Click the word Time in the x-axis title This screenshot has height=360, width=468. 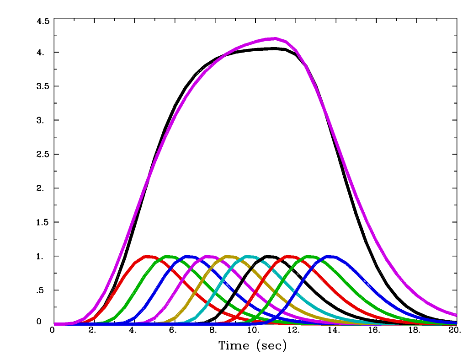pos(234,345)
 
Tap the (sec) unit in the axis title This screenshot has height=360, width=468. pos(271,346)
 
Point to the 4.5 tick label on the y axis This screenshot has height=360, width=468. pos(43,21)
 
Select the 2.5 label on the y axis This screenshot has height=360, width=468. pos(43,154)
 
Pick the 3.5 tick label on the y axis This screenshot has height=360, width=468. pos(43,86)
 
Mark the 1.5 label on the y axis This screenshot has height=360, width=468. pos(43,222)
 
